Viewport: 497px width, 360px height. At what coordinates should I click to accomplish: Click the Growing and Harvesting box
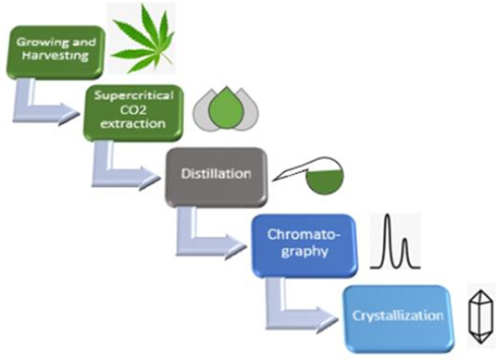point(56,52)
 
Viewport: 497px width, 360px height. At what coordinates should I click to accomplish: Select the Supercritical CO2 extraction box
point(133,113)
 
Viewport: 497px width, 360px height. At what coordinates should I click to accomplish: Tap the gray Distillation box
point(217,177)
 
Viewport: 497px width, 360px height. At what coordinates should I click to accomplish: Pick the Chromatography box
point(304,245)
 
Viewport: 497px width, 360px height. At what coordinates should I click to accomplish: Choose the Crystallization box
point(398,317)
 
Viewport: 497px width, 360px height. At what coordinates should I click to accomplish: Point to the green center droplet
point(226,107)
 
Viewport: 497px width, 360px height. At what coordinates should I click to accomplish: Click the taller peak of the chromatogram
point(387,241)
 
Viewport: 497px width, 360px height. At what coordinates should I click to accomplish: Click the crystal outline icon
point(481,317)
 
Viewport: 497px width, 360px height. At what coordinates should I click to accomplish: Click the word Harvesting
point(56,56)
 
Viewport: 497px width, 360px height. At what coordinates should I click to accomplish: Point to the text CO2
point(133,110)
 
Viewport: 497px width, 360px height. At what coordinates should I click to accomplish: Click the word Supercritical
point(134,96)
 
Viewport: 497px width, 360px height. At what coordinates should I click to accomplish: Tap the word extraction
point(132,124)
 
